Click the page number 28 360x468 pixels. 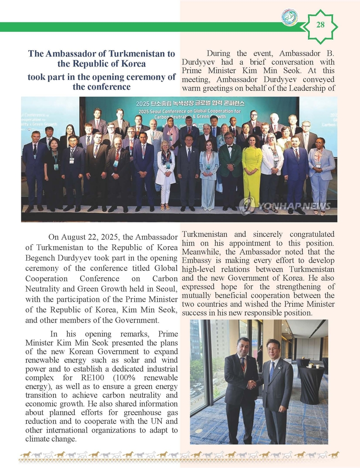pyautogui.click(x=320, y=25)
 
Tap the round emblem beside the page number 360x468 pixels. pyautogui.click(x=289, y=18)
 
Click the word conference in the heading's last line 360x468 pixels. pyautogui.click(x=101, y=86)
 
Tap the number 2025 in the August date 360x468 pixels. pyautogui.click(x=105, y=237)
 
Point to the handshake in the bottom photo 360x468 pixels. pyautogui.click(x=252, y=385)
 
